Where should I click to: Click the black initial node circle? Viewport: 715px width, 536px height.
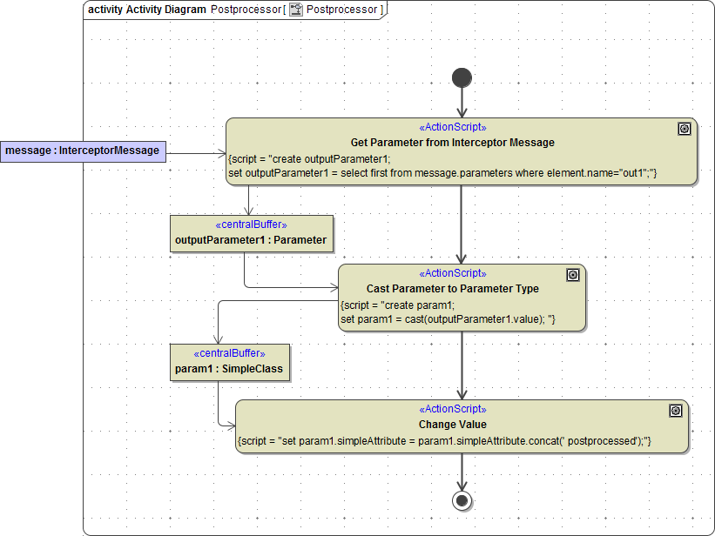tap(462, 77)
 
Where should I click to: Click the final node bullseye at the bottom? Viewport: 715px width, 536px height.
tap(462, 500)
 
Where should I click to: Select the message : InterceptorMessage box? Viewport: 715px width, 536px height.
tap(83, 151)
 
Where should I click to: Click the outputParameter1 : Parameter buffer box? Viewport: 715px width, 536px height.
tap(251, 234)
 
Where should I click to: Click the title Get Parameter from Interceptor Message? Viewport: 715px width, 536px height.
tap(452, 142)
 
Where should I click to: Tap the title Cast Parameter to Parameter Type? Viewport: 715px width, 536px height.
tap(452, 288)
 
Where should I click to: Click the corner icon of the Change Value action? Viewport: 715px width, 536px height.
tap(676, 411)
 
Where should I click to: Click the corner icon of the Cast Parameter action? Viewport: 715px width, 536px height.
tap(573, 275)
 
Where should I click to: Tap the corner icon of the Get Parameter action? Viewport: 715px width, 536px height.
tap(685, 129)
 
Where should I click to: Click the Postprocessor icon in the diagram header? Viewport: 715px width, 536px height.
tap(296, 10)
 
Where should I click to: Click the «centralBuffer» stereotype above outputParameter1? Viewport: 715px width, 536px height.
tap(251, 224)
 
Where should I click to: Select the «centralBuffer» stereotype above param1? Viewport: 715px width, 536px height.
tap(228, 353)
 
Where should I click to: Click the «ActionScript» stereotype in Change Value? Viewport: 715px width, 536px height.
tap(452, 409)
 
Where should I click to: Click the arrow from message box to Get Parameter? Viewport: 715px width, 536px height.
tap(196, 153)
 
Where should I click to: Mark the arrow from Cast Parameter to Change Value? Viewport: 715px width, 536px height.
tap(462, 365)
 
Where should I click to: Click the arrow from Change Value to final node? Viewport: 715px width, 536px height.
tap(462, 472)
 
